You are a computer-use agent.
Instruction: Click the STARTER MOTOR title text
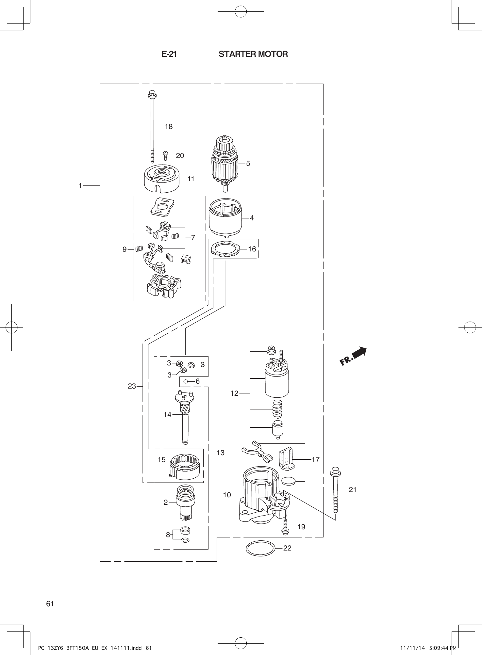point(253,54)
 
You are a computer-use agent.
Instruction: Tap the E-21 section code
point(169,54)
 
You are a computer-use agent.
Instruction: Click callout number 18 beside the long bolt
point(169,127)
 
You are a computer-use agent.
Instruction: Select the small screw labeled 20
point(166,155)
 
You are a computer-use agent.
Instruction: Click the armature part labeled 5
point(225,163)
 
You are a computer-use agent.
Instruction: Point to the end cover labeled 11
point(162,179)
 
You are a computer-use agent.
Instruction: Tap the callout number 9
point(125,249)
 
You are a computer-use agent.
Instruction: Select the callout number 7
point(193,238)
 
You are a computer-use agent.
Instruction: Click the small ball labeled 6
point(185,381)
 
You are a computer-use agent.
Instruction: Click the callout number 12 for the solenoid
point(234,393)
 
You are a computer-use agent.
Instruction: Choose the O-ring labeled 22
point(260,548)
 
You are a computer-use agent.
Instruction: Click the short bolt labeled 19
point(285,526)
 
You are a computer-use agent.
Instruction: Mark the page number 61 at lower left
point(50,604)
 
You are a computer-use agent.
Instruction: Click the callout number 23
point(132,386)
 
